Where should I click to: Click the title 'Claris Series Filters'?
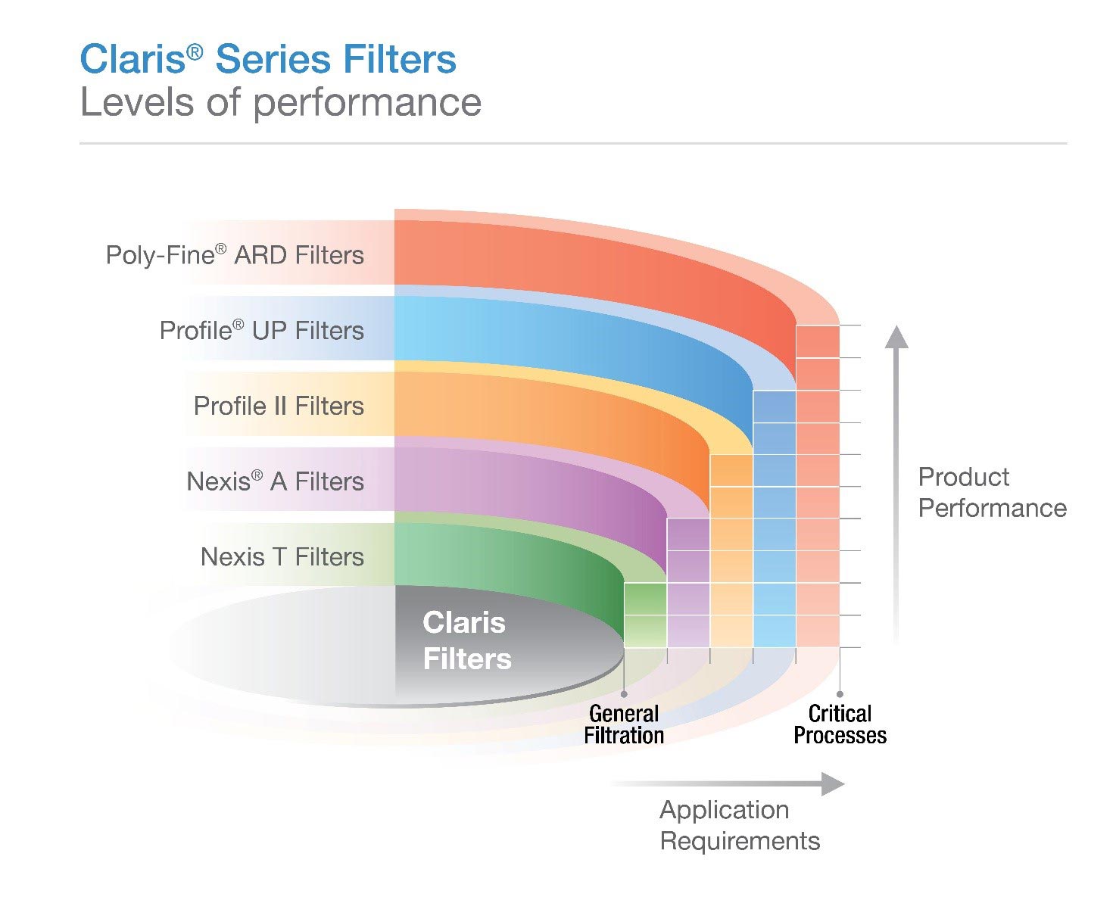pos(268,58)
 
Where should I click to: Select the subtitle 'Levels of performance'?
pos(281,104)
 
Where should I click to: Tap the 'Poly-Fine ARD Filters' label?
pos(235,254)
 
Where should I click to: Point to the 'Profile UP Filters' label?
pos(262,330)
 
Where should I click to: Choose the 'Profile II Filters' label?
pos(279,406)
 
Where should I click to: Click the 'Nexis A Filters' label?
pos(276,481)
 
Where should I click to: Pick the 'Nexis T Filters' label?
pos(282,556)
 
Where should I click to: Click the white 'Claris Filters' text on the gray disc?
pos(466,640)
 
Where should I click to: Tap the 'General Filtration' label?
pos(624,724)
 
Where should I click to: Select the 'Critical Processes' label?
pos(840,724)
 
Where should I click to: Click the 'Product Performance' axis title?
pos(992,492)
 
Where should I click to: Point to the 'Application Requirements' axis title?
pos(740,825)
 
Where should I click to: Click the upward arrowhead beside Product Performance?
pos(896,337)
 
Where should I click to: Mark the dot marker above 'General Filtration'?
pos(624,693)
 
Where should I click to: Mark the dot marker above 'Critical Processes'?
pos(840,693)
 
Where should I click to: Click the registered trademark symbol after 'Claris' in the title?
pos(195,51)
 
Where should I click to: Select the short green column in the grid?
pos(645,615)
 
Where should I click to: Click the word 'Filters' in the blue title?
pos(400,58)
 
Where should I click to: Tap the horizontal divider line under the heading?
pos(573,143)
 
